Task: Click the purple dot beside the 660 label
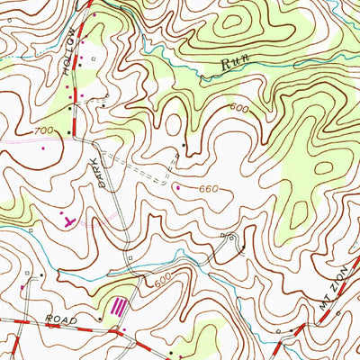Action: click(x=177, y=187)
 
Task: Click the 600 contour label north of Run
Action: click(x=238, y=108)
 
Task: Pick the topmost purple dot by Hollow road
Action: click(x=94, y=15)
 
